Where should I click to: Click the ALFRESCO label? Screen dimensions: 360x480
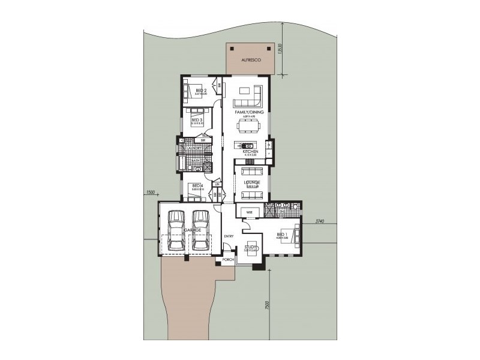click(x=247, y=61)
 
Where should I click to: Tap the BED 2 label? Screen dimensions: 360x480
click(x=201, y=90)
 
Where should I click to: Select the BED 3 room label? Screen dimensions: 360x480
click(x=196, y=120)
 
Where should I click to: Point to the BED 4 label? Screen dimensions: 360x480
click(x=196, y=186)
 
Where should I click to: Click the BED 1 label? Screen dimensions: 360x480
click(x=281, y=234)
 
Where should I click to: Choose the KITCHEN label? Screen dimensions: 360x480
click(x=250, y=152)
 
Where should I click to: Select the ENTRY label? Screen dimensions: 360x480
click(x=228, y=236)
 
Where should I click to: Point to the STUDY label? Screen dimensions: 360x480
click(x=251, y=247)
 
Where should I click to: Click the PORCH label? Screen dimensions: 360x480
click(x=228, y=260)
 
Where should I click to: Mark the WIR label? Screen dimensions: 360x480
click(x=248, y=212)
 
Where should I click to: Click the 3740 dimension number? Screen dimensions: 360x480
click(x=319, y=222)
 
